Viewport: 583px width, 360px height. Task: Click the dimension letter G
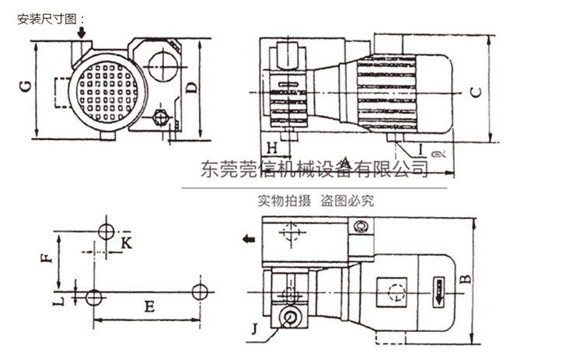click(26, 86)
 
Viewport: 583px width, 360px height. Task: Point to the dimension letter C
click(477, 91)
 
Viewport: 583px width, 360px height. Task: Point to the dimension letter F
click(47, 256)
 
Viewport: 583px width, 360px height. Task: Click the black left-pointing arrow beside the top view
click(247, 239)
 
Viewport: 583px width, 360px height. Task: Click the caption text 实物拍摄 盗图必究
click(316, 201)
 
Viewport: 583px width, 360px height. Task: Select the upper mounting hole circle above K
click(107, 230)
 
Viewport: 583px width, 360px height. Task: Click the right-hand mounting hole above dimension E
click(201, 292)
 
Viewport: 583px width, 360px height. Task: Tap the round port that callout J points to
click(290, 317)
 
